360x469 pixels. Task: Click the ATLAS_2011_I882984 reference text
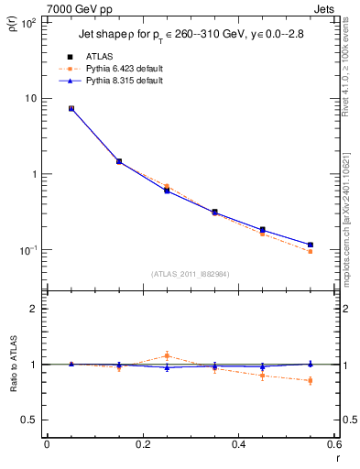pyautogui.click(x=190, y=273)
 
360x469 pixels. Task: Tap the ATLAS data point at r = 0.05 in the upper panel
pyautogui.click(x=71, y=108)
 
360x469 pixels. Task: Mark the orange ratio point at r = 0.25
pyautogui.click(x=167, y=355)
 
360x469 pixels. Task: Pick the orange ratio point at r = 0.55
pyautogui.click(x=311, y=380)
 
